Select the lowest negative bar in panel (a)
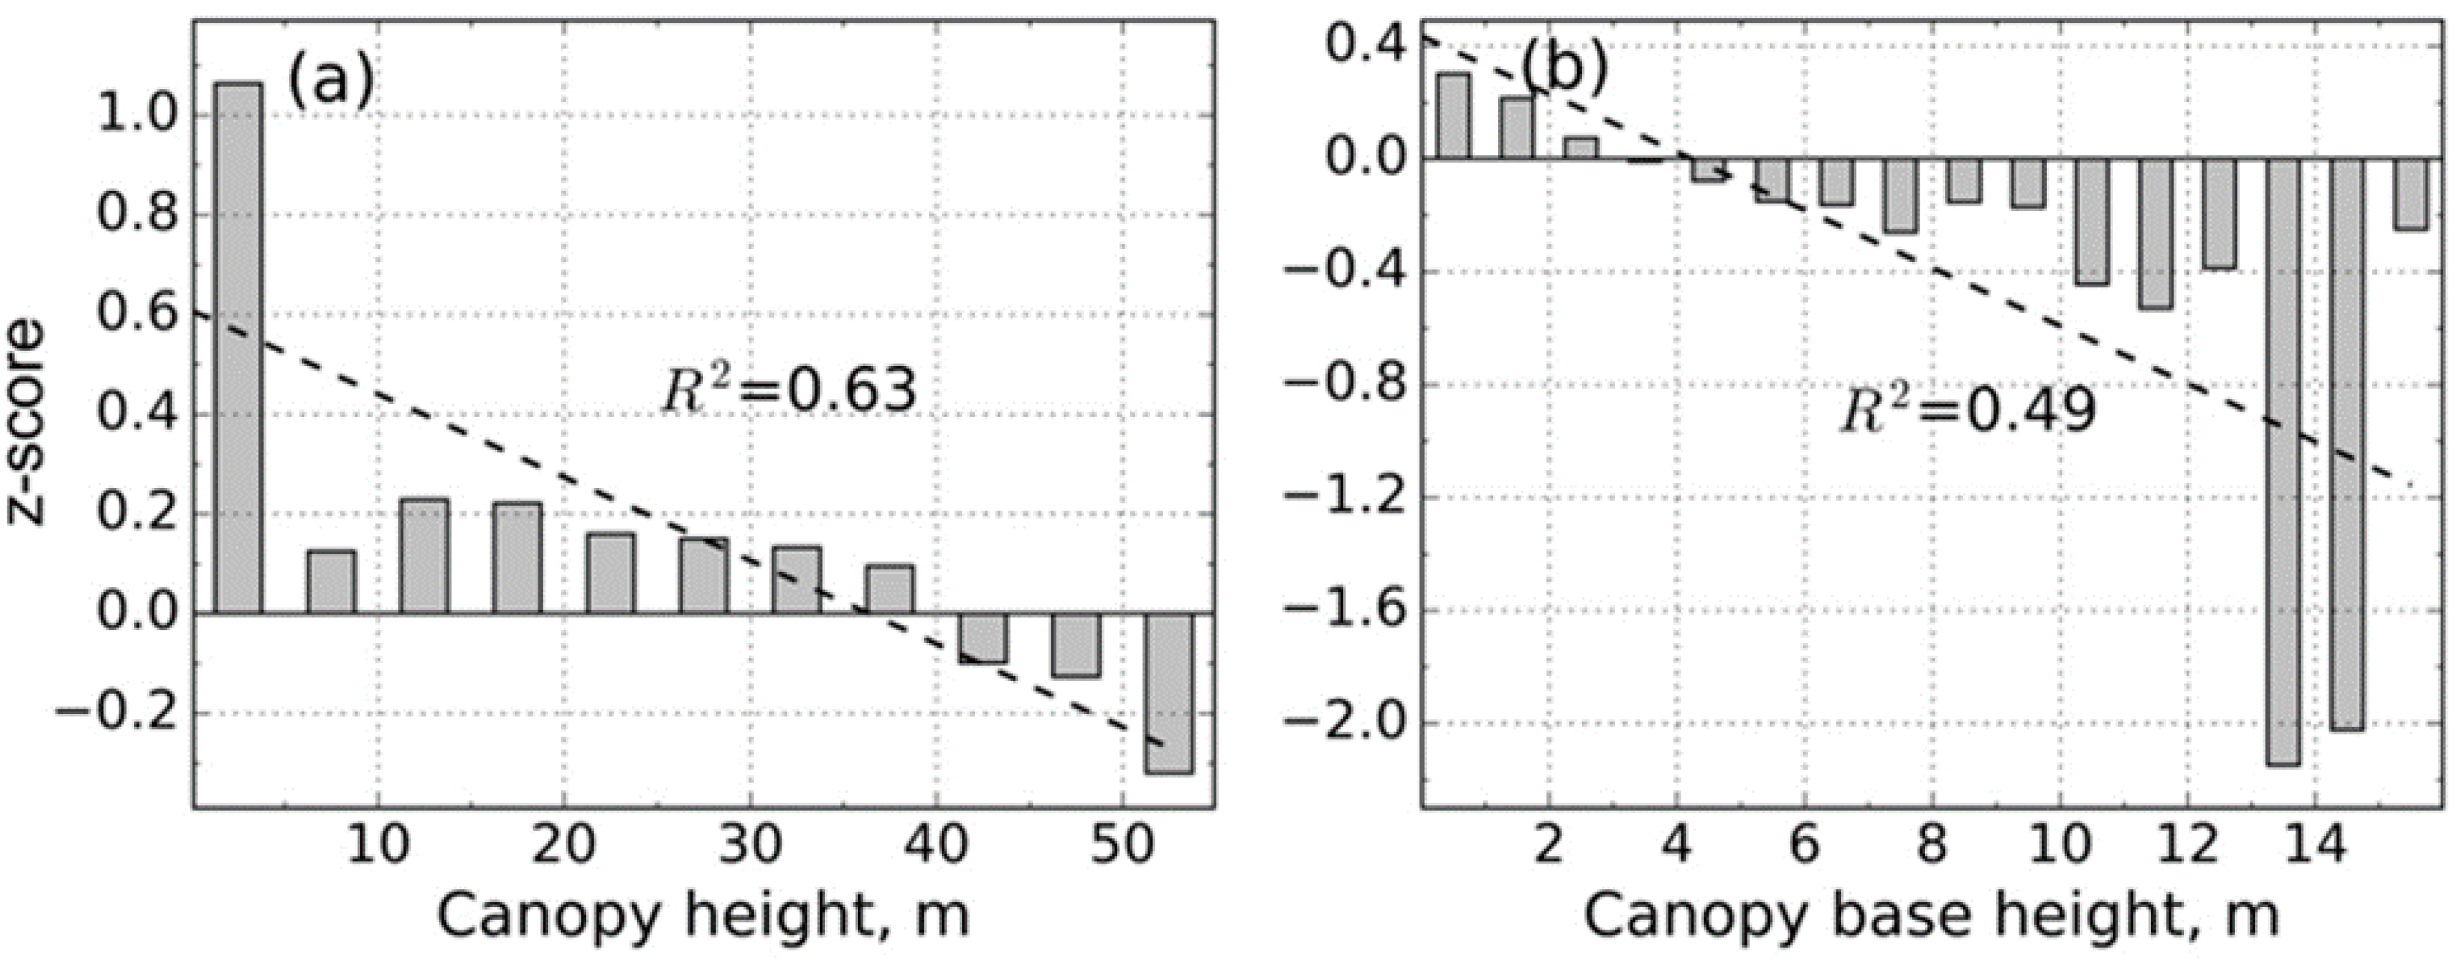(1169, 692)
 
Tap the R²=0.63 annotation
(789, 391)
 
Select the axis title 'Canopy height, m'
(703, 915)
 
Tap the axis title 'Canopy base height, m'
(1931, 915)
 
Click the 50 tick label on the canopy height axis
(1123, 846)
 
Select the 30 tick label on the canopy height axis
(752, 846)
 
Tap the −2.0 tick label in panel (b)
(1345, 723)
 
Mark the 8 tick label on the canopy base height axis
(1933, 846)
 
